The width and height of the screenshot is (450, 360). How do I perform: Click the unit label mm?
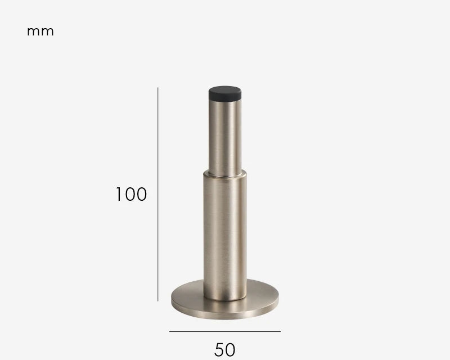40,31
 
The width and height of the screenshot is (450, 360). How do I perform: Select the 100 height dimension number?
131,194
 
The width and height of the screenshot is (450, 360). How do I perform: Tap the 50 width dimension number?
224,350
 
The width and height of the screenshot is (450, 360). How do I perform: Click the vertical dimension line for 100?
158,195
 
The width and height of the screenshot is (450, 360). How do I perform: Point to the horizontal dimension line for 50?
225,331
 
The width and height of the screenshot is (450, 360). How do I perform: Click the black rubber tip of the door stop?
225,93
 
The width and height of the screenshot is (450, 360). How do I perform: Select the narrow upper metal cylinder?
225,138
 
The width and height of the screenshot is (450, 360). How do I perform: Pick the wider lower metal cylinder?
225,236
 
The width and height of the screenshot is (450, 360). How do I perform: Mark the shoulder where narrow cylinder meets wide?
225,174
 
